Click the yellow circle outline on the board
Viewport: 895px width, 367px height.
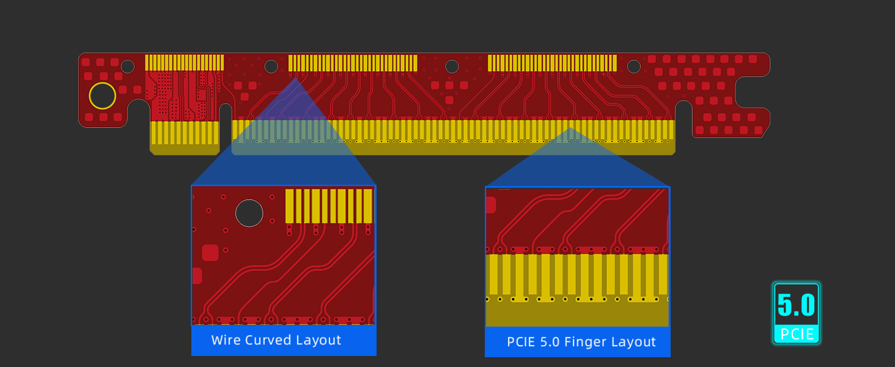[x=102, y=96]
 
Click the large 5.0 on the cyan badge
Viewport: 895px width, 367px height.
[x=796, y=305]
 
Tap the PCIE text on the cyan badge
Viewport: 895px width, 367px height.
[x=797, y=334]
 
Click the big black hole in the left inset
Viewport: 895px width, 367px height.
[x=249, y=213]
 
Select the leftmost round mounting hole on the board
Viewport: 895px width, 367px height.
[x=128, y=66]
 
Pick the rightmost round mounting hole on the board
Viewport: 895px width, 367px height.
[x=634, y=66]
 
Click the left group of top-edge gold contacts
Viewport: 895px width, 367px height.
[x=184, y=62]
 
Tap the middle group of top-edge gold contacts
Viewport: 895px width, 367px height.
[x=353, y=63]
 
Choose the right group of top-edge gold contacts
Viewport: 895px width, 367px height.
[x=552, y=63]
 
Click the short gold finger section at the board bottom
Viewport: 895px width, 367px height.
[x=185, y=137]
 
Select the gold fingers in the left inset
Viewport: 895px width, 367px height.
[x=329, y=206]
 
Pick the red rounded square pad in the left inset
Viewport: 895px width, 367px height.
[x=210, y=253]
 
